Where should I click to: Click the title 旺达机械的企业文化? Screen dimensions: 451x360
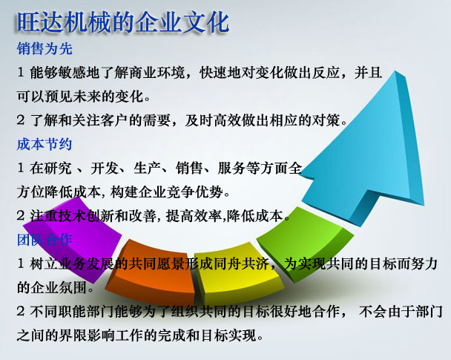point(123,23)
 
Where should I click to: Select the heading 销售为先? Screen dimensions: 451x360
point(45,48)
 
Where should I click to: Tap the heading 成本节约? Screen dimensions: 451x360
point(45,144)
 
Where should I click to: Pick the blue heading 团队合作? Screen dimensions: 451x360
point(45,240)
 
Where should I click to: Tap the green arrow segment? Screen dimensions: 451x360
point(305,245)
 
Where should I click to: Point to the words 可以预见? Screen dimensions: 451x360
point(45,96)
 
